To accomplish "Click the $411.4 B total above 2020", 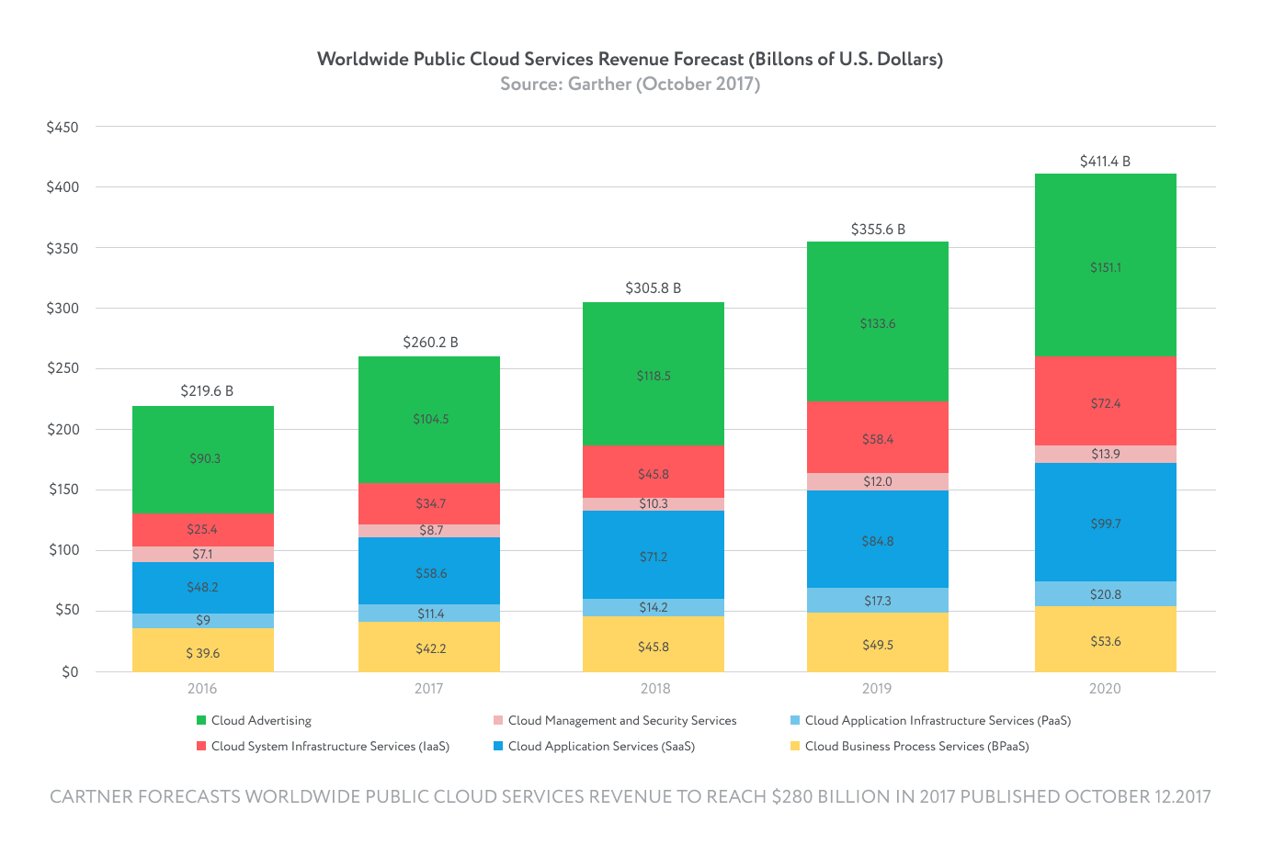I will [x=1105, y=162].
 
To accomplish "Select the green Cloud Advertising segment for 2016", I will [x=203, y=459].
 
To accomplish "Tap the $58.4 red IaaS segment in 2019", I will [x=878, y=439].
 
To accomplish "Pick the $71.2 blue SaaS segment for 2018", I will [x=654, y=556].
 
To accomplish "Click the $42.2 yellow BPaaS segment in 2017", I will [x=430, y=648].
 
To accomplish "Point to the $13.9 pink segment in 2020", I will [x=1106, y=455].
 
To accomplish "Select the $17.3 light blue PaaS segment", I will [x=878, y=601].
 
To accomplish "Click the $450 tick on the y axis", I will [x=63, y=128].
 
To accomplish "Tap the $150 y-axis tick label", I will [x=63, y=490].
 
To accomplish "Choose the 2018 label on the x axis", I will [x=655, y=689].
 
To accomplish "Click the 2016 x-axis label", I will [x=202, y=689].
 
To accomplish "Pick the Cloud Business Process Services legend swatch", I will [x=795, y=747].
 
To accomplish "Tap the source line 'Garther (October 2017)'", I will [x=664, y=84].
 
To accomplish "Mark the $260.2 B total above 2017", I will [x=430, y=343].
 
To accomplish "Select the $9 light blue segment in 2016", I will [x=203, y=621].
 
